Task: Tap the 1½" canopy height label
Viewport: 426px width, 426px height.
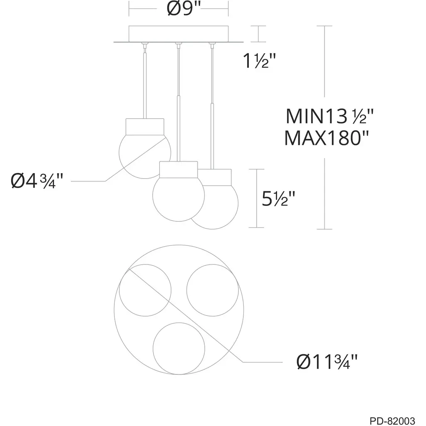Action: tap(259, 60)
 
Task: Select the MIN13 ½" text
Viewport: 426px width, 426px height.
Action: tap(329, 116)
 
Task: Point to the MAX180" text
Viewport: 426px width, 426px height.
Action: tap(326, 138)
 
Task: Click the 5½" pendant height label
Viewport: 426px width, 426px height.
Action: tap(278, 198)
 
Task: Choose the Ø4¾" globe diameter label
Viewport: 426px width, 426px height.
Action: tap(37, 181)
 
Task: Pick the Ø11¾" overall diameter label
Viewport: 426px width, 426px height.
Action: tap(327, 362)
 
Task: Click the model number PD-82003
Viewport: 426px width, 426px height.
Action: tap(392, 421)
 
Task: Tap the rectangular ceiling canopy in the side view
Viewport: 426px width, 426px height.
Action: tap(178, 34)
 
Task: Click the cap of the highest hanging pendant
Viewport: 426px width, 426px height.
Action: tap(145, 126)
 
